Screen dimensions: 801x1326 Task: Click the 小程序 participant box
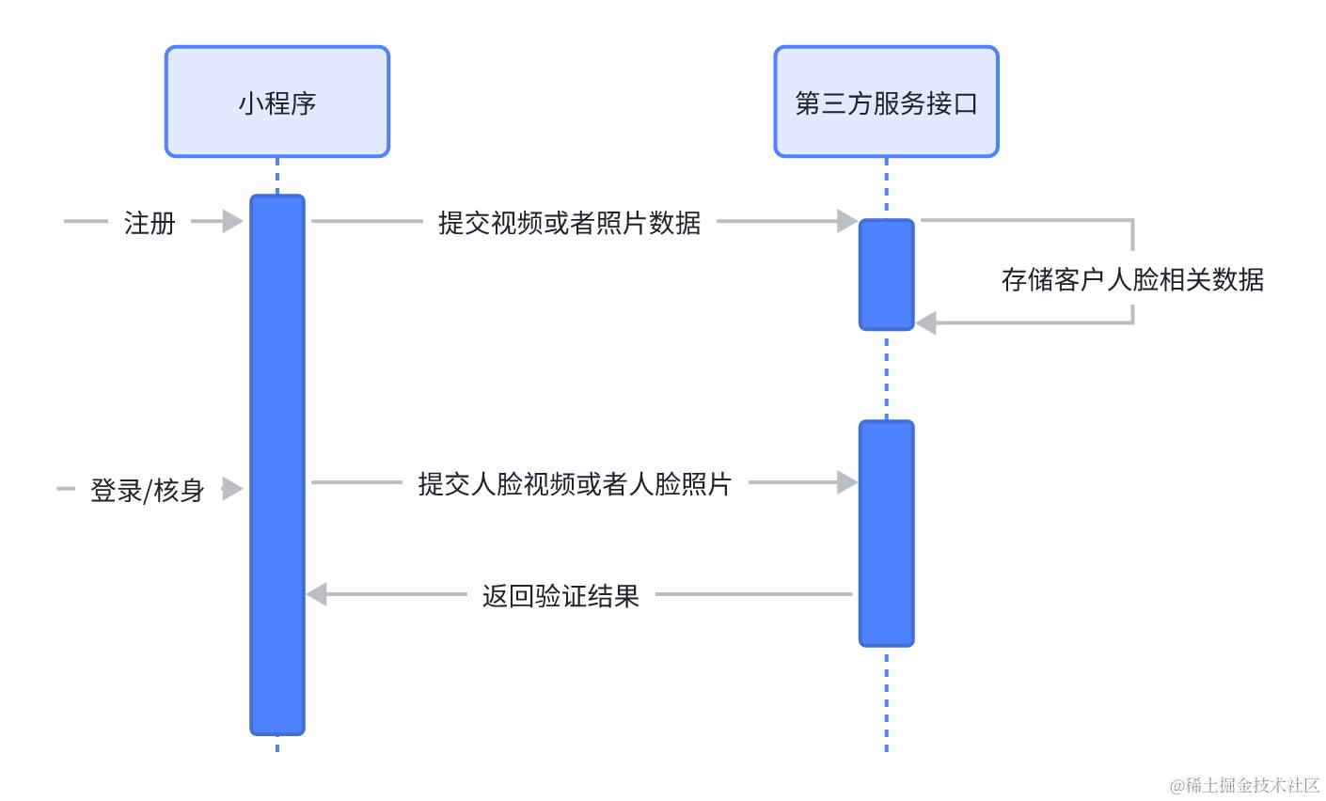(x=277, y=102)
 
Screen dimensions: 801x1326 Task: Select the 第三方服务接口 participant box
(x=886, y=102)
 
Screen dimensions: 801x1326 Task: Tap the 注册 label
(x=150, y=223)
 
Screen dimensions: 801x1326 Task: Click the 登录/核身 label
(x=148, y=490)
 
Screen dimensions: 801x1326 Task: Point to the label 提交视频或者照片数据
(x=569, y=223)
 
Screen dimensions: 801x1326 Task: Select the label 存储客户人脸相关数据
(x=1132, y=279)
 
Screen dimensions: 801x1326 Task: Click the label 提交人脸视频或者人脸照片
(x=575, y=484)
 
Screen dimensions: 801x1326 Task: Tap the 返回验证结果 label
(x=560, y=596)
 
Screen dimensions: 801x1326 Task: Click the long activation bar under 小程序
(x=277, y=464)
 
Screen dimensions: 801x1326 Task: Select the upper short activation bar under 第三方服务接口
(x=886, y=275)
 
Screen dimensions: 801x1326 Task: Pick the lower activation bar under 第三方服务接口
(x=886, y=533)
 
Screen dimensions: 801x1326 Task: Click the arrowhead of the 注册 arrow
(x=233, y=222)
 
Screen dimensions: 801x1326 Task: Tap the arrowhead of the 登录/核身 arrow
(x=233, y=489)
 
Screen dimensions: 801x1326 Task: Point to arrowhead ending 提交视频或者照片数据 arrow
(x=847, y=222)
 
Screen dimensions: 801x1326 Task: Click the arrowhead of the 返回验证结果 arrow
(x=317, y=594)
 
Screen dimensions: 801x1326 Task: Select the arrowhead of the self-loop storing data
(x=926, y=323)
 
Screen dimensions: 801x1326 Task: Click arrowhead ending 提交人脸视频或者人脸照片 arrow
(x=847, y=483)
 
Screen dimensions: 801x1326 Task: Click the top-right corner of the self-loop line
(x=1132, y=221)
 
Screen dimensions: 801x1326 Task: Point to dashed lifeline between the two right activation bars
(x=886, y=375)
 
